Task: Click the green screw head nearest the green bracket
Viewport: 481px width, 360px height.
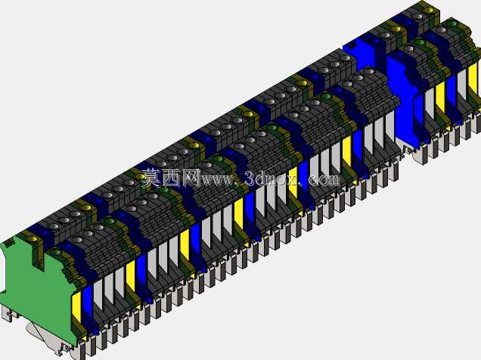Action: pos(56,253)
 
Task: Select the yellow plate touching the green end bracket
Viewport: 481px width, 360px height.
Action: pos(77,307)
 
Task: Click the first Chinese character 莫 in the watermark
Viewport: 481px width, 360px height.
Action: pos(151,177)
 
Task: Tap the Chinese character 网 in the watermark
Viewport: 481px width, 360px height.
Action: pos(191,177)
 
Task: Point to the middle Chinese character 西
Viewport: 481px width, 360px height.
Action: pos(171,177)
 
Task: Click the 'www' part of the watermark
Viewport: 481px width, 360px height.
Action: pos(217,179)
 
